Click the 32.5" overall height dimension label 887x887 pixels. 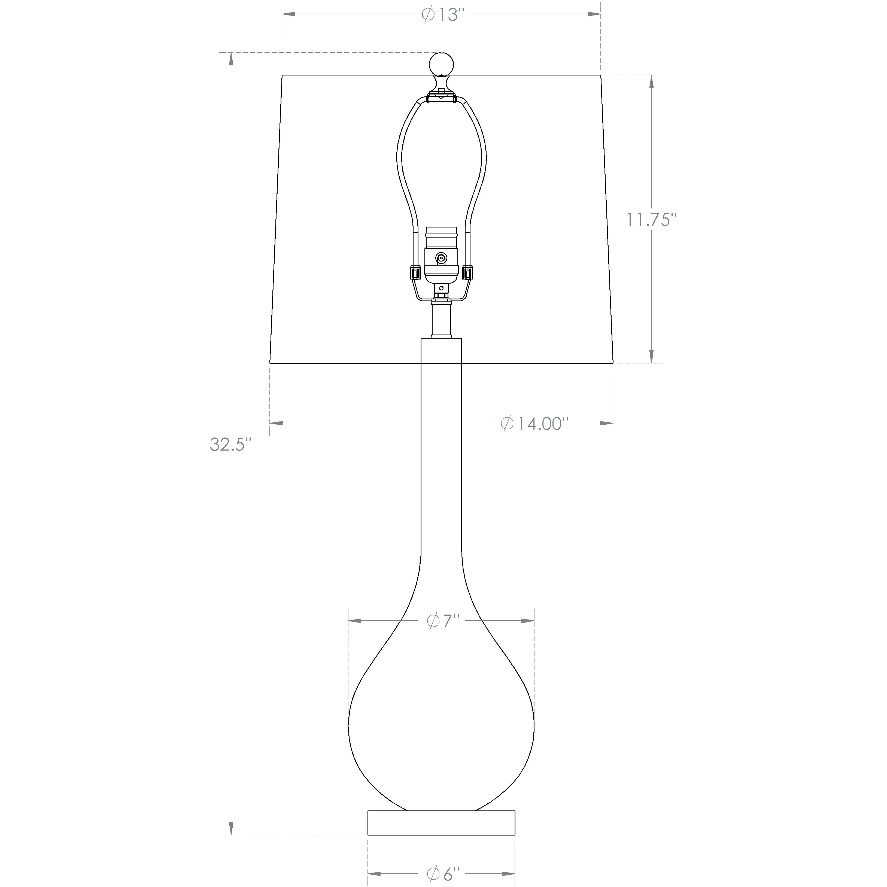coord(231,444)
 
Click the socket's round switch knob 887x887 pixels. coord(441,259)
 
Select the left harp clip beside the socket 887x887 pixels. coord(414,273)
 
